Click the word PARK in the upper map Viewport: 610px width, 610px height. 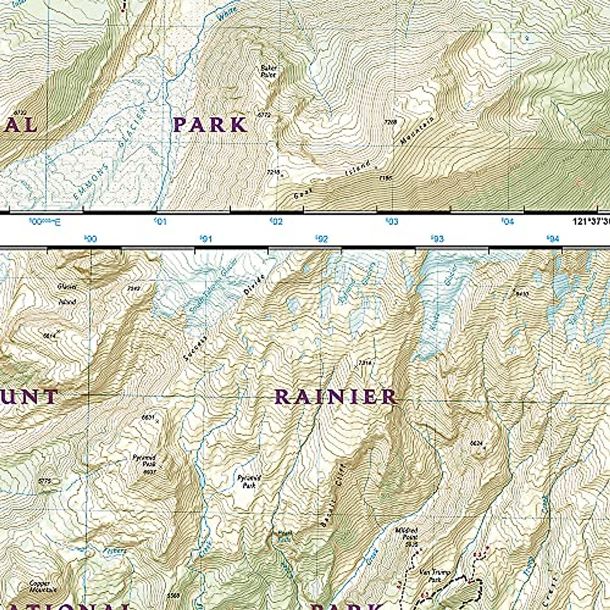pyautogui.click(x=210, y=125)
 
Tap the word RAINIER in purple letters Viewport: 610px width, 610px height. pyautogui.click(x=335, y=396)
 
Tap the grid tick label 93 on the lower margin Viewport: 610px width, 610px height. pyautogui.click(x=437, y=239)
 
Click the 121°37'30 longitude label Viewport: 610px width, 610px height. pyautogui.click(x=587, y=222)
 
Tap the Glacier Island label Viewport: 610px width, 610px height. pyautogui.click(x=67, y=294)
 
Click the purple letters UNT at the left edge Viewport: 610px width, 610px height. pyautogui.click(x=28, y=397)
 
